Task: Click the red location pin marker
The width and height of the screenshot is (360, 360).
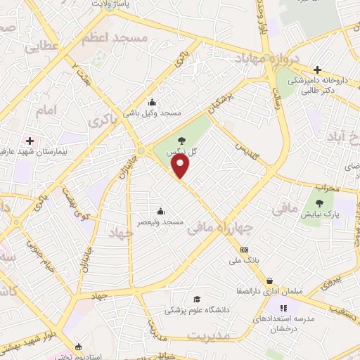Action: coord(181,167)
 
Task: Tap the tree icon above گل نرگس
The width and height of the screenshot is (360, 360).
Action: coord(182,140)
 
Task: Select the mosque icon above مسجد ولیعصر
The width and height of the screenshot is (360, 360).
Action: coord(161,210)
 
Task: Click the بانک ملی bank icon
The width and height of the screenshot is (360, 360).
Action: coord(244,250)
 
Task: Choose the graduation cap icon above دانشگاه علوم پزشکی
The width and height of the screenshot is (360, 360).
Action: coord(196,299)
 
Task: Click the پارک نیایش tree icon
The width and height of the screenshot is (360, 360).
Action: coord(319,203)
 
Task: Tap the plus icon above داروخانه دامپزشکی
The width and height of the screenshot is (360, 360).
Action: coord(318,70)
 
